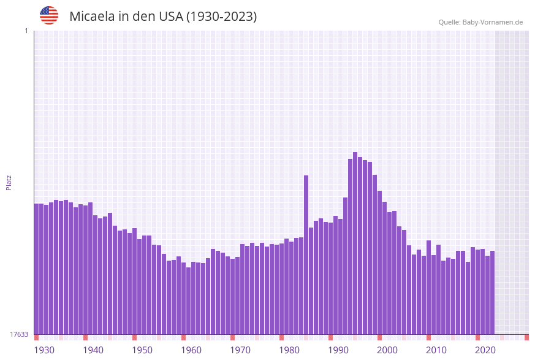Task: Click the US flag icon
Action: [x=49, y=15]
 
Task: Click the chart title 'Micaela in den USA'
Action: [x=163, y=17]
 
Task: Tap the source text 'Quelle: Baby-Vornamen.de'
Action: [x=480, y=22]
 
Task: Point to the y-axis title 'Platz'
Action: [x=9, y=182]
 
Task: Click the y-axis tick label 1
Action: [x=26, y=31]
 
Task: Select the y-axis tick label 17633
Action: [x=19, y=334]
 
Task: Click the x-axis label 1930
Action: [x=44, y=350]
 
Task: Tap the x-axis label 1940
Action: [x=93, y=350]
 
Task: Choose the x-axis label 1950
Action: [x=142, y=350]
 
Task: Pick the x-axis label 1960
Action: [x=191, y=350]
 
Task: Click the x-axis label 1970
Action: [x=240, y=350]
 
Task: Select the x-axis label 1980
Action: [x=289, y=350]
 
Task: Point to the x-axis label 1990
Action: [x=338, y=350]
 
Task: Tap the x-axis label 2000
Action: [x=387, y=350]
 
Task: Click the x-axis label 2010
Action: [x=436, y=350]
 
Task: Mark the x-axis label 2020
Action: [x=485, y=350]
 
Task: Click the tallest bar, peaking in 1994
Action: [x=355, y=245]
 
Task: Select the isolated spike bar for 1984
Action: [x=306, y=258]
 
